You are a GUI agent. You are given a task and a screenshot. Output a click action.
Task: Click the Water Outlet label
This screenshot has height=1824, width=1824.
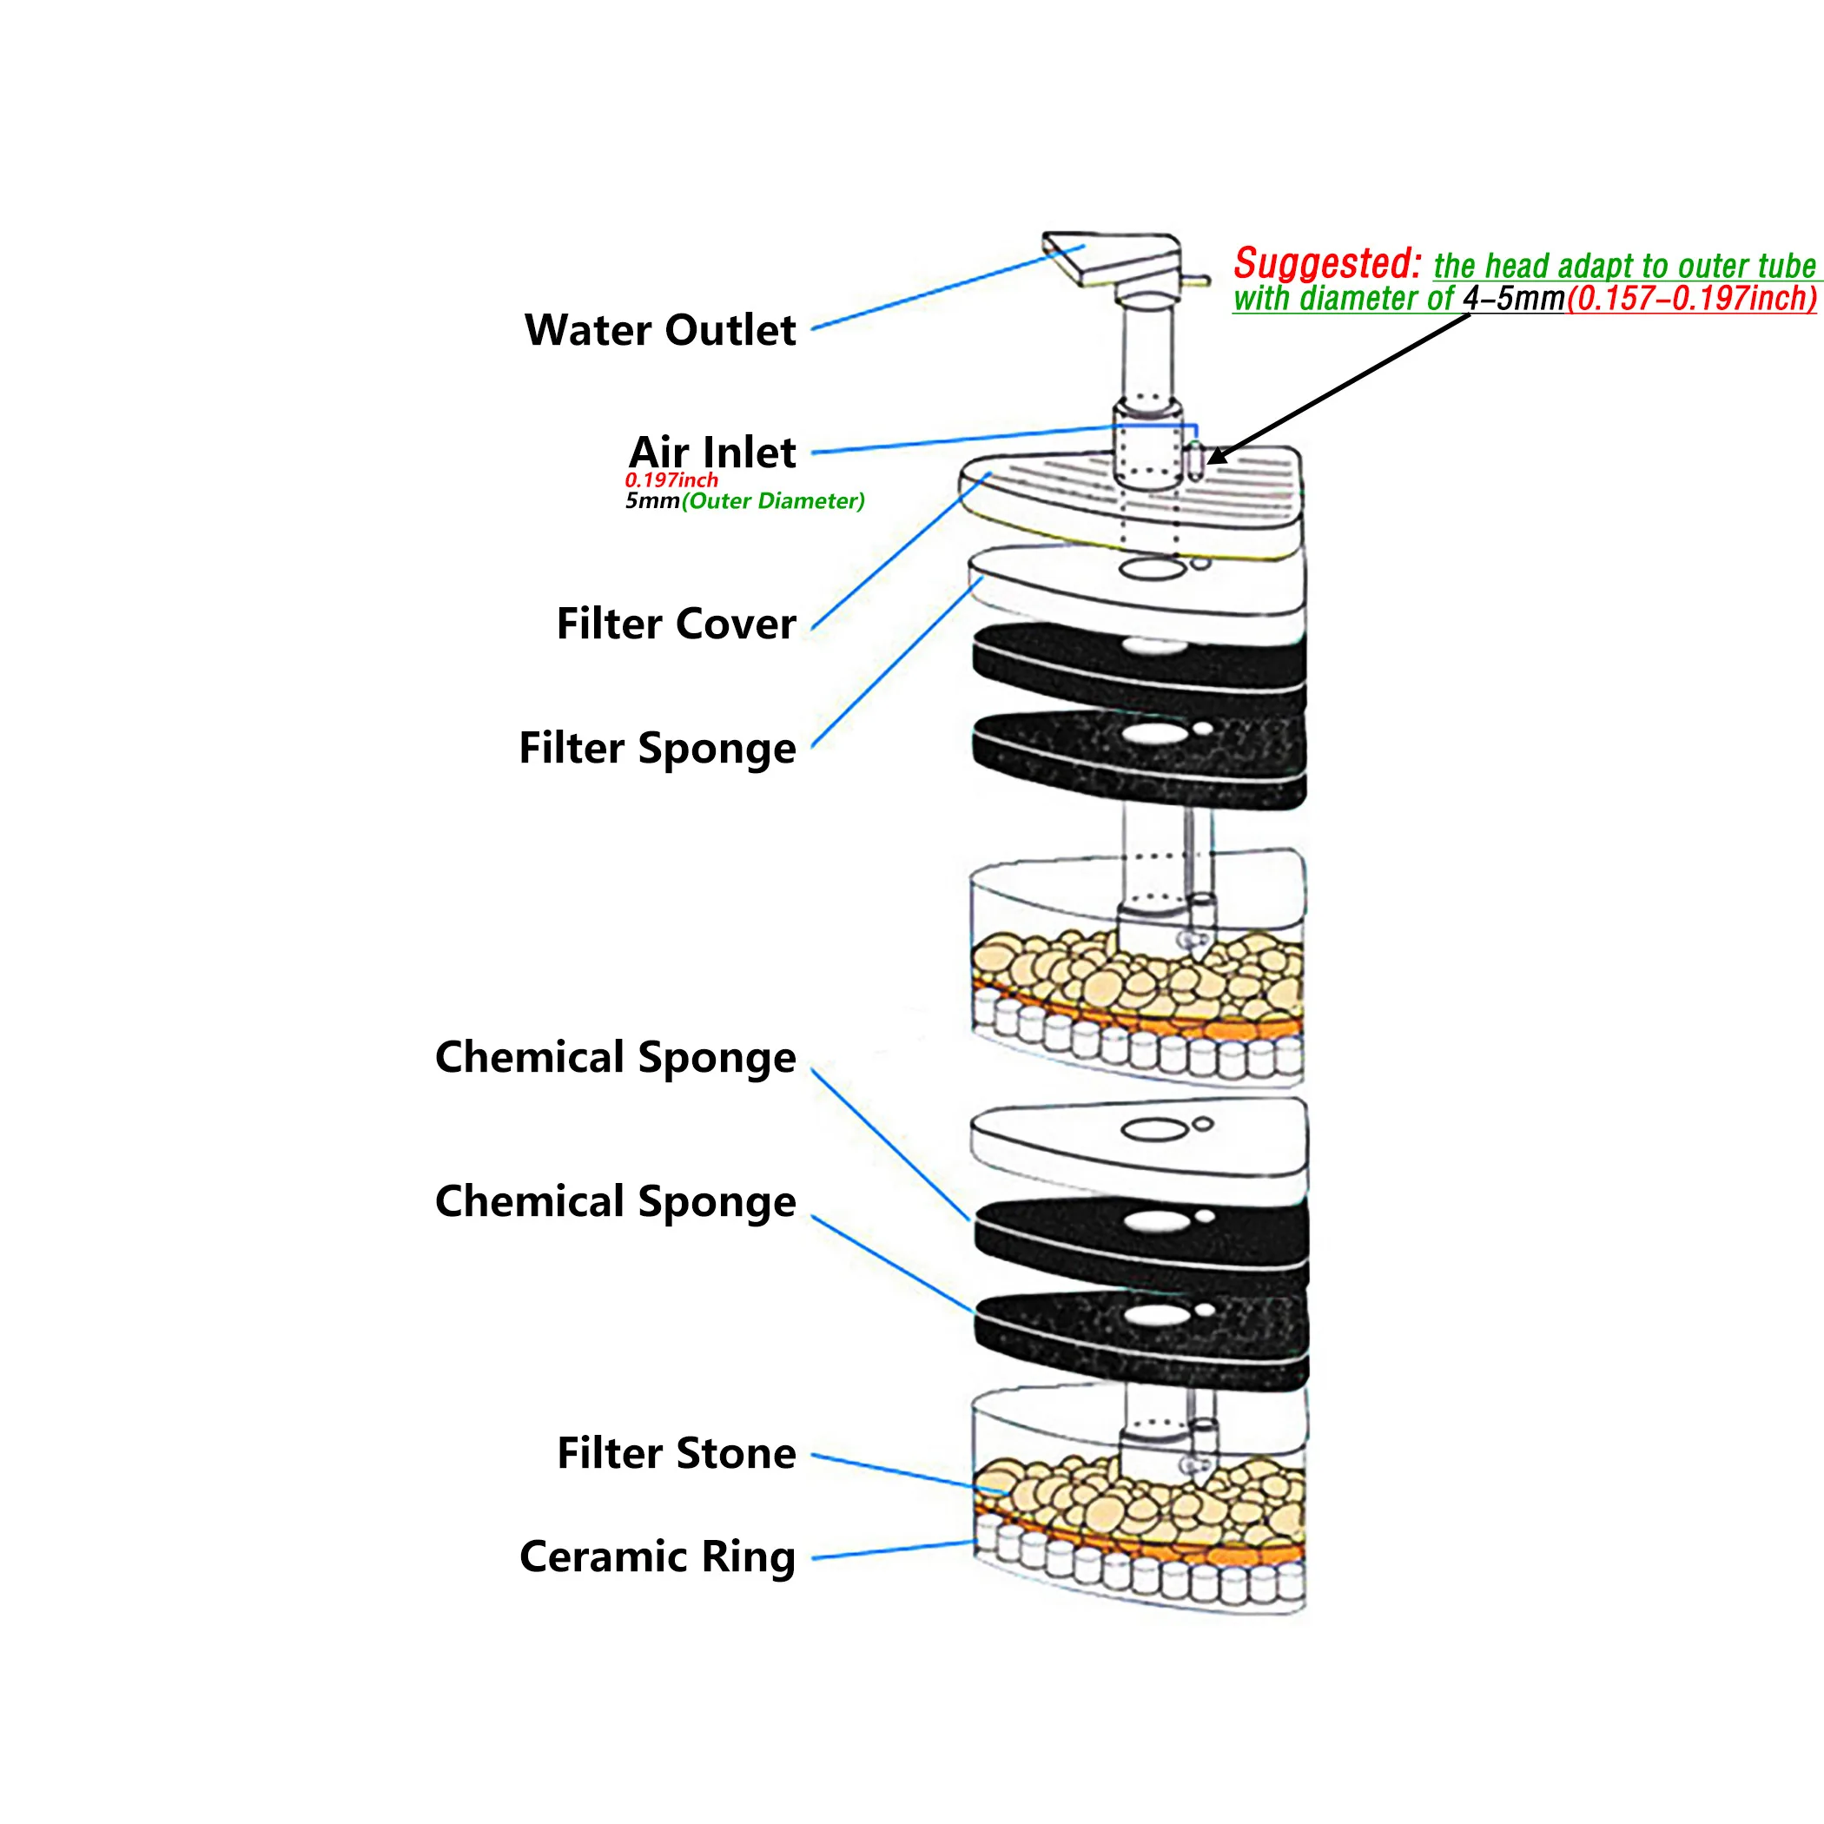tap(660, 330)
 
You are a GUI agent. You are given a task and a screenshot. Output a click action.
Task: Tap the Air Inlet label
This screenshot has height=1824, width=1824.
tap(713, 453)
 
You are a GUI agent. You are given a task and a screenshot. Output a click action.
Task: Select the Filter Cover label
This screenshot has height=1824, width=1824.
tap(676, 624)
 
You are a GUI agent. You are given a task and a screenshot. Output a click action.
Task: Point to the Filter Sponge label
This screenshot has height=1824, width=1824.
tap(658, 749)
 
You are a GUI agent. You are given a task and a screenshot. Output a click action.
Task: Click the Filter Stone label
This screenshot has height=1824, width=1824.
tap(676, 1453)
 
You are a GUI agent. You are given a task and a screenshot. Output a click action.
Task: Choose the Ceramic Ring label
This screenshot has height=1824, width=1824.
tap(658, 1556)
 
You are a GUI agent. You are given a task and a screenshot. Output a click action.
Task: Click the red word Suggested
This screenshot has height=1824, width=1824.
tap(1326, 263)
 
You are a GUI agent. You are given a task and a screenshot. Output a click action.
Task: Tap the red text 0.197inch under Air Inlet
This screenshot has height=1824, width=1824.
tap(671, 480)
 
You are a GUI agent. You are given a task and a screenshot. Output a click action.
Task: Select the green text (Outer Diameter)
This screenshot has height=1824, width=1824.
tap(773, 501)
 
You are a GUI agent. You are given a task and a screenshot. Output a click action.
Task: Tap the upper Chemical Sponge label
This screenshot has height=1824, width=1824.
tap(616, 1057)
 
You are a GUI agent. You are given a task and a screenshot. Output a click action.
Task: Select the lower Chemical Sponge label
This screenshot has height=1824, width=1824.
tap(616, 1202)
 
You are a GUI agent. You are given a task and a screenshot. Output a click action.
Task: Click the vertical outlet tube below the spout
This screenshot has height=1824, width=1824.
tap(1147, 349)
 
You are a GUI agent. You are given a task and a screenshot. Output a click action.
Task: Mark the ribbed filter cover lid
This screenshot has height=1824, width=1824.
tap(1133, 500)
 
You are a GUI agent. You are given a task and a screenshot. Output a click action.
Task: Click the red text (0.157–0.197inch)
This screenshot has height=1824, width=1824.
tap(1691, 300)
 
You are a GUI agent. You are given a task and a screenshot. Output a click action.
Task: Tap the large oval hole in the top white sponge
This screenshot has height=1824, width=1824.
tap(1151, 568)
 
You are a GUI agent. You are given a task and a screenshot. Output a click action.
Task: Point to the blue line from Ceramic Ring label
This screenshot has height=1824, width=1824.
tap(892, 1550)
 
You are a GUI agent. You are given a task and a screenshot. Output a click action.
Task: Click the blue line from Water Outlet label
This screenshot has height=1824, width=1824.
tap(944, 288)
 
